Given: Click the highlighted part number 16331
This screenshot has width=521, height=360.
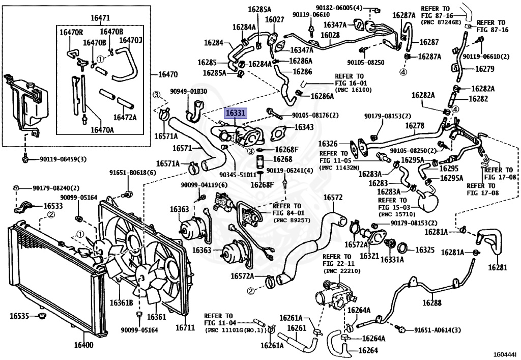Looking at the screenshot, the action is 235,113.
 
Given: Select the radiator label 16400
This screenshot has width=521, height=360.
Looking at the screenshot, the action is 83,345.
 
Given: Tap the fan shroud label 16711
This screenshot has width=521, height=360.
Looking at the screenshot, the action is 185,328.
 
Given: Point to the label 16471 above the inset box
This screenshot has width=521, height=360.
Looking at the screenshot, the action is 100,18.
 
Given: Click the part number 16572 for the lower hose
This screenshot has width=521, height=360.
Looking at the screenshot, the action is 333,198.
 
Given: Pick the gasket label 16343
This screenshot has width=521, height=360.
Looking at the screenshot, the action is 304,127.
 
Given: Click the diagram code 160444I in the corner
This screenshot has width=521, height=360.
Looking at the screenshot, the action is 506,355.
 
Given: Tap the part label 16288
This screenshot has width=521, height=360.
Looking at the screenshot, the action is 432,303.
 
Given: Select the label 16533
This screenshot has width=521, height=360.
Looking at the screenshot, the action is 53,206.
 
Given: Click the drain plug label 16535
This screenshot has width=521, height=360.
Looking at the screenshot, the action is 19,316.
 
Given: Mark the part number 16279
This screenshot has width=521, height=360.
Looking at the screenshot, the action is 485,69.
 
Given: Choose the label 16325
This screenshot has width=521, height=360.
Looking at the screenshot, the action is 425,250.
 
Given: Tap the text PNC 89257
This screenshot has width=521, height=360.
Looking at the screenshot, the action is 292,220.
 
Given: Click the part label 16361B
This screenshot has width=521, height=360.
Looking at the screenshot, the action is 121,303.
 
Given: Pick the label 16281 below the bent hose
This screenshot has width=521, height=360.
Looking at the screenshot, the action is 498,267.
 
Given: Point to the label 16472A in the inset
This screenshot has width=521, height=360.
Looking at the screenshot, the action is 125,117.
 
